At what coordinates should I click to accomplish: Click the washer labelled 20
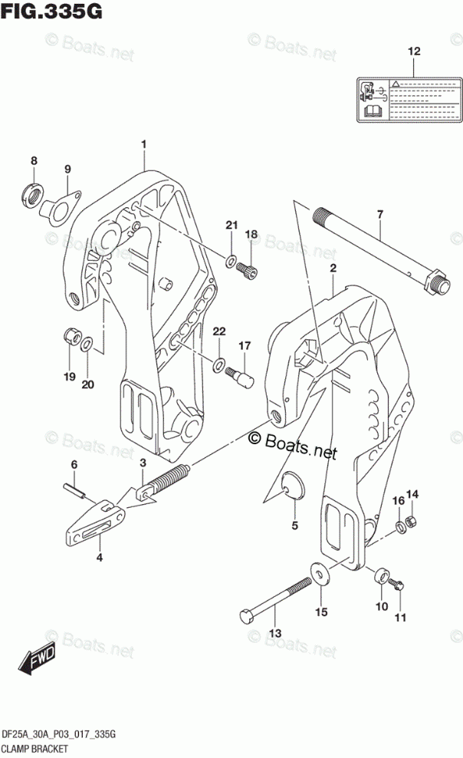click(x=88, y=343)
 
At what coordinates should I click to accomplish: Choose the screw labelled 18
click(x=247, y=269)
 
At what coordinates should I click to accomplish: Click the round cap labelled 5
click(x=292, y=486)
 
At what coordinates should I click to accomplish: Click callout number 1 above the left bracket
click(x=143, y=143)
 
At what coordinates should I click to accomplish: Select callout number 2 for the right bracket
click(x=333, y=268)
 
